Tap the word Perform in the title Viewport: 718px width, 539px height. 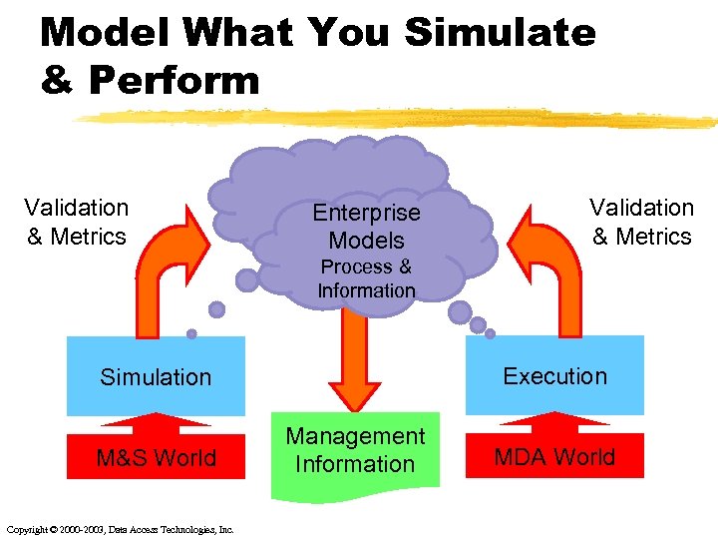coord(174,81)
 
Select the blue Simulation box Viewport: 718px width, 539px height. coord(156,376)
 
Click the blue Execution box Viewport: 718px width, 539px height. coord(554,375)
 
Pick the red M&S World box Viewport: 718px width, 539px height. coord(156,458)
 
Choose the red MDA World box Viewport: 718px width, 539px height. coord(554,457)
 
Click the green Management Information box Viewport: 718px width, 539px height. coord(355,451)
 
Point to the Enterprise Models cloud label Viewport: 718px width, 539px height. coord(366,226)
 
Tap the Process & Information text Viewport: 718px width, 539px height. coord(366,278)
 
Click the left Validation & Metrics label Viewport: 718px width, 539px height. coord(77,222)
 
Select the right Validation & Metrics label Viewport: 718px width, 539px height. coord(641,222)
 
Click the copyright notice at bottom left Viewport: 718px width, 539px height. coord(120,529)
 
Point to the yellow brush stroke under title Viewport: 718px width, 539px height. coord(399,118)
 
